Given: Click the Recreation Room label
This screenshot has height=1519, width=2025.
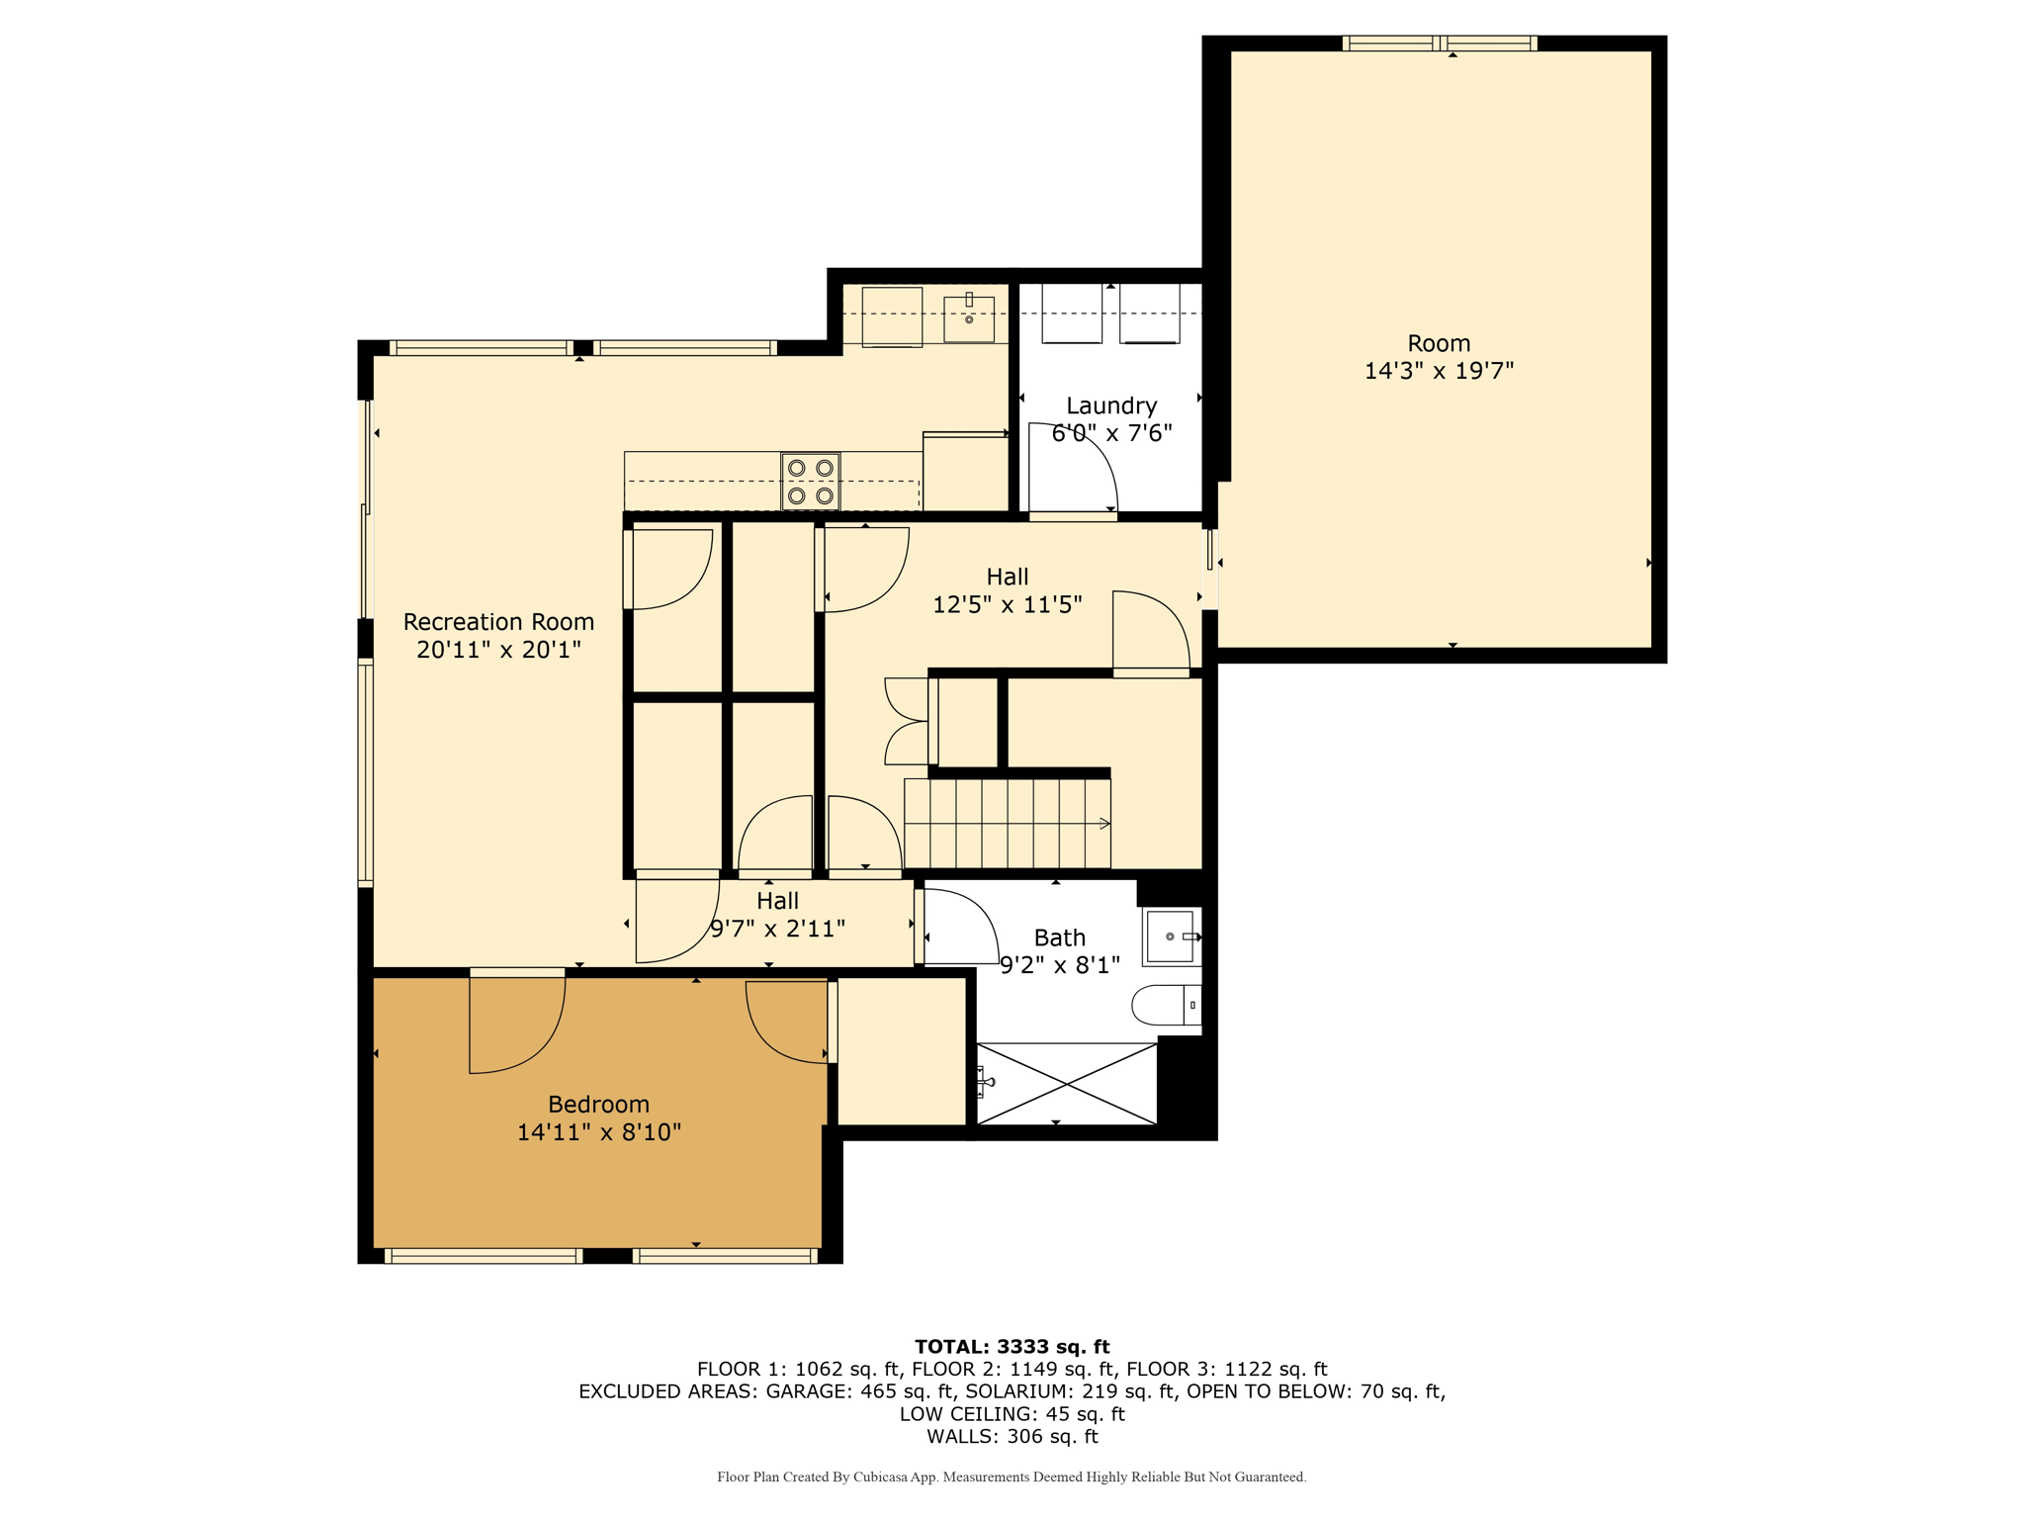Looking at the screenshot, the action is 498,622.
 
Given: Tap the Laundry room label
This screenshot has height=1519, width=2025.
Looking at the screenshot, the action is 1111,405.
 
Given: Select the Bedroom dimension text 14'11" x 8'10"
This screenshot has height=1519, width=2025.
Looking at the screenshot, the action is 599,1132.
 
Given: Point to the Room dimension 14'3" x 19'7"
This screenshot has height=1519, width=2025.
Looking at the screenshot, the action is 1439,371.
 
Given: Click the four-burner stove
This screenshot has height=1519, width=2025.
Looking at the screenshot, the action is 811,482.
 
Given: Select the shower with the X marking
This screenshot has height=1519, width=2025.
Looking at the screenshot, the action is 1066,1084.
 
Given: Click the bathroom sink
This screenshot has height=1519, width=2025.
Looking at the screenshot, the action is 1172,936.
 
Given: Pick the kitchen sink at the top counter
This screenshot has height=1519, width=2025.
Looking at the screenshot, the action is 969,316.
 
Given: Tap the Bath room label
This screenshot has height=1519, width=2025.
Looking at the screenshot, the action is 1060,938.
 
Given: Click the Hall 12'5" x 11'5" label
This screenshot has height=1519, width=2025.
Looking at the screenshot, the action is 1008,590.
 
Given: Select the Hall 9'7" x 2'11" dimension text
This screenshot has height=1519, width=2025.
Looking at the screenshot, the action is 778,929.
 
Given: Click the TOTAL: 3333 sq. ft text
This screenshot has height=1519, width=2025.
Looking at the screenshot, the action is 1012,1346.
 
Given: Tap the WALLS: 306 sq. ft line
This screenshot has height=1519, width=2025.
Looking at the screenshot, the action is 1012,1436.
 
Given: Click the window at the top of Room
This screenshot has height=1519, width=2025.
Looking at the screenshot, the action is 1440,44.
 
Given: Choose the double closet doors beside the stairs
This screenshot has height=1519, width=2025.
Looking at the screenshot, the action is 908,721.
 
